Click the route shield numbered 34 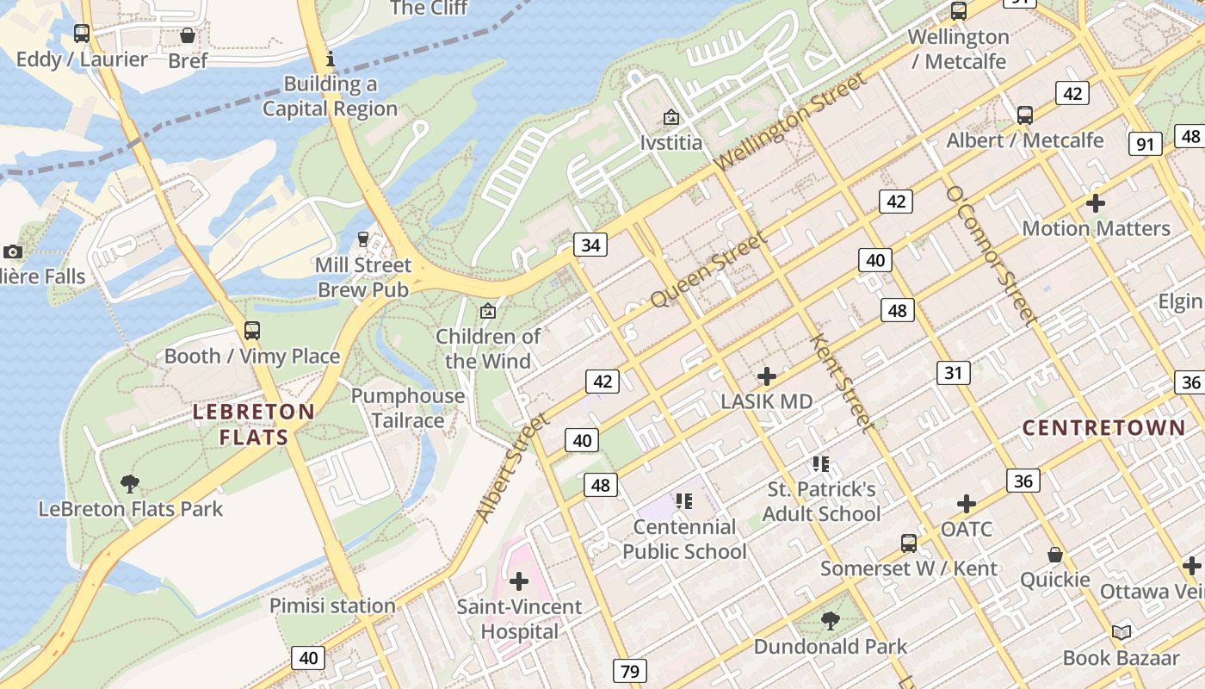(x=590, y=245)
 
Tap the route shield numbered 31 (x=953, y=372)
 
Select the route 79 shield (x=630, y=670)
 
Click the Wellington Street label (x=790, y=121)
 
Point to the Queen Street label (x=708, y=270)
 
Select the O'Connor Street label (x=990, y=254)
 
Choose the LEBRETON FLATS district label (x=254, y=425)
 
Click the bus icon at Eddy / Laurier (x=82, y=34)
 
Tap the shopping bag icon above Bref (x=188, y=35)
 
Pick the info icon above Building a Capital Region (x=330, y=59)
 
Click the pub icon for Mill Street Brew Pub (x=363, y=239)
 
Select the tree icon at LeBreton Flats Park (x=130, y=484)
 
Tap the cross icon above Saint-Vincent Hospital (x=519, y=580)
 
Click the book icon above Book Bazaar (x=1121, y=633)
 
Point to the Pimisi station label (x=332, y=605)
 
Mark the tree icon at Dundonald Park (x=831, y=620)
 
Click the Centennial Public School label (x=684, y=539)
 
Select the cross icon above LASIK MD (x=766, y=376)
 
